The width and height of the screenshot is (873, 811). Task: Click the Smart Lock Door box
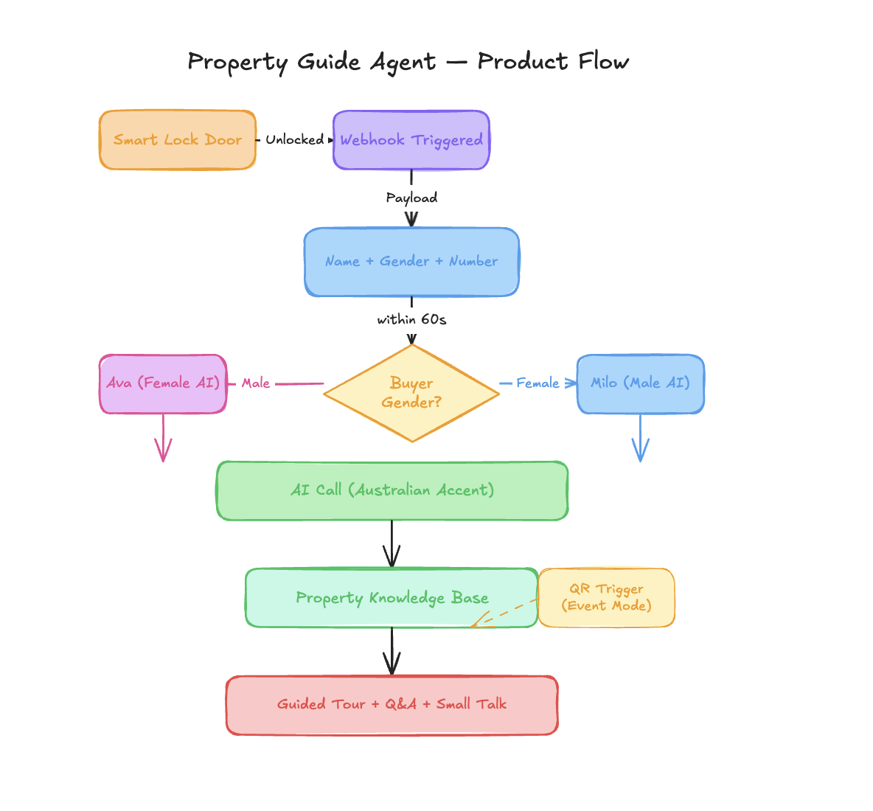[178, 140]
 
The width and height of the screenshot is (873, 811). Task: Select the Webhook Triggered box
[411, 140]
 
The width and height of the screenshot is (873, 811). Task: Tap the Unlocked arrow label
[294, 139]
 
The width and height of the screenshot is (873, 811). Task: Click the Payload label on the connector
[411, 198]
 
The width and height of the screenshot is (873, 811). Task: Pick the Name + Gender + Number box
[411, 262]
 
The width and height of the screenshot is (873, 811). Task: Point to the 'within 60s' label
[411, 319]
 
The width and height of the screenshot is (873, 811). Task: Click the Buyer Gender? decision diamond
[411, 393]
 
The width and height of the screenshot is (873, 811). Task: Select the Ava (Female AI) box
[163, 383]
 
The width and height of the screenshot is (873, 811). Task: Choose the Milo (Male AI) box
[640, 383]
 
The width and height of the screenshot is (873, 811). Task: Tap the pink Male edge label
[256, 383]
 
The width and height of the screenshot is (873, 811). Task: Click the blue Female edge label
[538, 383]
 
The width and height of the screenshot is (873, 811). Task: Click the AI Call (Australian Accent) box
[392, 490]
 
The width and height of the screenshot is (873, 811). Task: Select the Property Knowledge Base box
[392, 598]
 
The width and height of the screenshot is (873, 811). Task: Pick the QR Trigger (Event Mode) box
[606, 597]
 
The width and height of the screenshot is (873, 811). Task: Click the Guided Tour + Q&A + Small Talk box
[392, 704]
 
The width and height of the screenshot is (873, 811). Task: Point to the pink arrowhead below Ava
[163, 450]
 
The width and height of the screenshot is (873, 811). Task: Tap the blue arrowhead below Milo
[640, 450]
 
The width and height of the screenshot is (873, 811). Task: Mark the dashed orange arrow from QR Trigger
[504, 613]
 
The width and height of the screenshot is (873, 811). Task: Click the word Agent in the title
[403, 62]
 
